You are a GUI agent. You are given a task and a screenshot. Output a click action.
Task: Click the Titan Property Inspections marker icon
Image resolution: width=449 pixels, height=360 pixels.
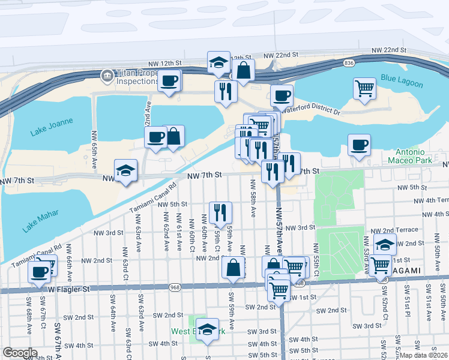107,75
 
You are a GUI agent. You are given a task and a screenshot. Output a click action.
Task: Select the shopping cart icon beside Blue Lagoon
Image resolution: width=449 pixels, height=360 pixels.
364,89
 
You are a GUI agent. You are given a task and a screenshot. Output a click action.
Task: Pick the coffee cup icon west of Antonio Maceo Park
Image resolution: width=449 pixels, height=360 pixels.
359,145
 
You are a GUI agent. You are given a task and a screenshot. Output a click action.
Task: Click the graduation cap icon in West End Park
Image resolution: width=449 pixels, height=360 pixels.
208,329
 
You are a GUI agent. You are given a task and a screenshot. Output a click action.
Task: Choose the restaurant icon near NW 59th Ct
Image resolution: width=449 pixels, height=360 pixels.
220,212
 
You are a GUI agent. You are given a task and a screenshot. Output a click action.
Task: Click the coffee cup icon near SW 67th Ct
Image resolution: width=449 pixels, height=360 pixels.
40,271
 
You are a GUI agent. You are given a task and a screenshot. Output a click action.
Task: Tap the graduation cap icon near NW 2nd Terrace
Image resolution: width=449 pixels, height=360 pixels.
385,244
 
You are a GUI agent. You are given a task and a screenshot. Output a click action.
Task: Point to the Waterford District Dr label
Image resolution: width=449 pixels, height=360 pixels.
312,112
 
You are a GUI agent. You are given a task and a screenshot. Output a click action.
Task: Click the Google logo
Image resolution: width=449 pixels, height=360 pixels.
20,352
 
